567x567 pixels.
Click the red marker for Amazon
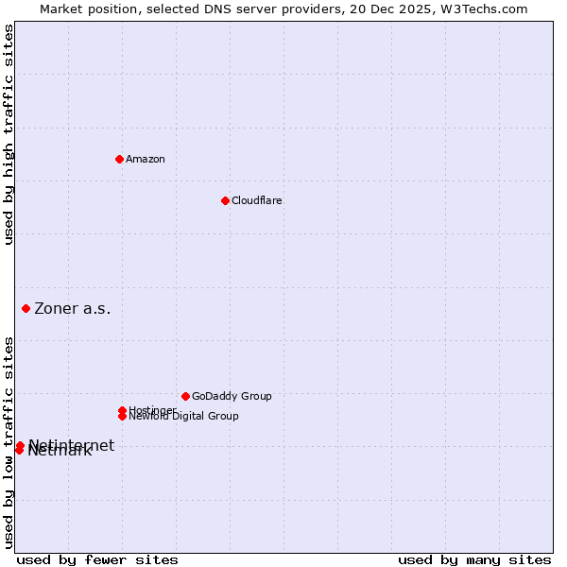coord(119,159)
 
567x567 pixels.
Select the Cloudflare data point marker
coord(225,200)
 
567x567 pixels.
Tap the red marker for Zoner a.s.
coord(26,308)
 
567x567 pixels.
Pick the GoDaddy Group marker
coord(185,396)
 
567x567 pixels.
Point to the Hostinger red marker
coord(122,410)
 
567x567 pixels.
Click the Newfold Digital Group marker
coord(122,416)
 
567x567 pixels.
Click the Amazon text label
coord(146,159)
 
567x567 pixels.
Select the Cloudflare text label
coord(257,200)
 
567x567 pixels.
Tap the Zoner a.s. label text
coord(73,308)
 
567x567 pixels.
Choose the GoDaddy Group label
coord(232,396)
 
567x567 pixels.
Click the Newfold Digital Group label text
coord(185,417)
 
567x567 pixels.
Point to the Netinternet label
coord(72,444)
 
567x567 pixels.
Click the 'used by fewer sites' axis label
coord(97,559)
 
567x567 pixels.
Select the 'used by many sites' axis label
coord(474,559)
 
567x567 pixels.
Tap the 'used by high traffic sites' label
coord(9,135)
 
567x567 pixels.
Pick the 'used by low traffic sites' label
coord(9,441)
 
